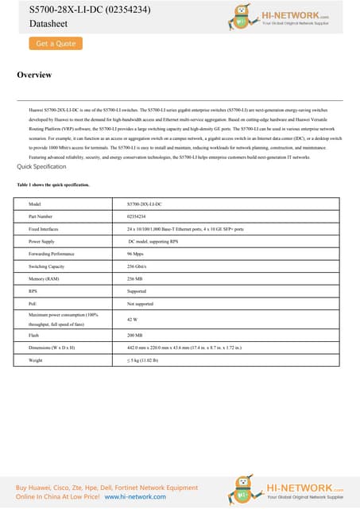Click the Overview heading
point(34,75)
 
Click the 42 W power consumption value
point(133,319)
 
